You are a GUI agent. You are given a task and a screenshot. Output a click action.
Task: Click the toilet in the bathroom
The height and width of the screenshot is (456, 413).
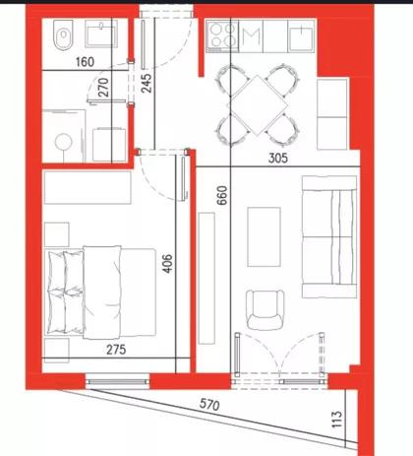[64, 34]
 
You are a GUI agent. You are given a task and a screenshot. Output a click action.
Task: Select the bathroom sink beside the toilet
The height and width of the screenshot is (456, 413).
[101, 33]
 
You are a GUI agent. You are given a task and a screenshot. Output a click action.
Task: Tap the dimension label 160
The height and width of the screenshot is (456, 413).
[85, 62]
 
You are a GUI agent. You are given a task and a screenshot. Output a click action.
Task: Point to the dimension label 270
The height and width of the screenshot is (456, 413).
[103, 88]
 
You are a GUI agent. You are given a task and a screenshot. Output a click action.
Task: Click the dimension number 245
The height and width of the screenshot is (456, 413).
[147, 83]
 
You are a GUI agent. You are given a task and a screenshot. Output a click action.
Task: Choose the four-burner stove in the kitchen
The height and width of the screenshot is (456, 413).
[222, 35]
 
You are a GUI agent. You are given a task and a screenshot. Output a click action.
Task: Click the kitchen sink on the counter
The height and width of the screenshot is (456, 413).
[301, 36]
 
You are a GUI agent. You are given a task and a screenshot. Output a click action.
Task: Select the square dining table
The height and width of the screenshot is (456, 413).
[259, 105]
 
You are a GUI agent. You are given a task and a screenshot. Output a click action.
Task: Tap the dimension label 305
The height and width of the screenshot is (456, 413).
[278, 158]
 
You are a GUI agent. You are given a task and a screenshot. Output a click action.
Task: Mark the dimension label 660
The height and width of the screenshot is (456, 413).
[222, 195]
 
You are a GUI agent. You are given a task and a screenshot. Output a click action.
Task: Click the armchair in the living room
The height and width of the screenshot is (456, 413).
[265, 309]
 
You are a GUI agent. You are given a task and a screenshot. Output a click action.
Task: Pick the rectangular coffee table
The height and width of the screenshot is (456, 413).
[264, 236]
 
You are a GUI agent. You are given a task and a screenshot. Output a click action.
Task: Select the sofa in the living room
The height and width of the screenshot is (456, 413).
[329, 236]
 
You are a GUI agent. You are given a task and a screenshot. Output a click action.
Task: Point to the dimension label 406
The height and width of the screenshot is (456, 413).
[167, 263]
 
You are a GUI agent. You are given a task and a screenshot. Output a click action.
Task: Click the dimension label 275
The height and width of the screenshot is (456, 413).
[116, 350]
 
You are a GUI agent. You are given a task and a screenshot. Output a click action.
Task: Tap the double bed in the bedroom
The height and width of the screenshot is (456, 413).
[100, 293]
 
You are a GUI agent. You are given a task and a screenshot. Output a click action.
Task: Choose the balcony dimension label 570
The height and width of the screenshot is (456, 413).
[209, 405]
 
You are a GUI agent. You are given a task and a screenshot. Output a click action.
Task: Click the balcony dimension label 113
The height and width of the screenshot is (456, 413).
[336, 420]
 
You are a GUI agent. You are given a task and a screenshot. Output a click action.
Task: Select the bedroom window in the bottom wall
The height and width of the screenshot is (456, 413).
[117, 381]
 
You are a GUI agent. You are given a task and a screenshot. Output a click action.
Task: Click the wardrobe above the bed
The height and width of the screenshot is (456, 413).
[88, 187]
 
